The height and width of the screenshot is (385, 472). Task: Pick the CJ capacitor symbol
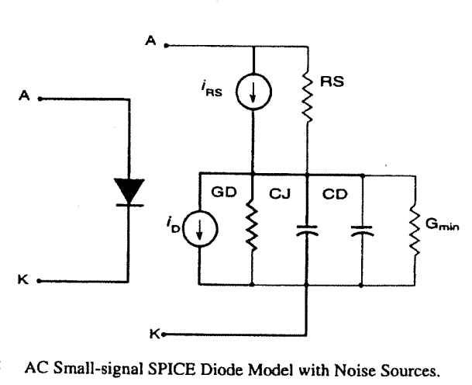308,231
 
